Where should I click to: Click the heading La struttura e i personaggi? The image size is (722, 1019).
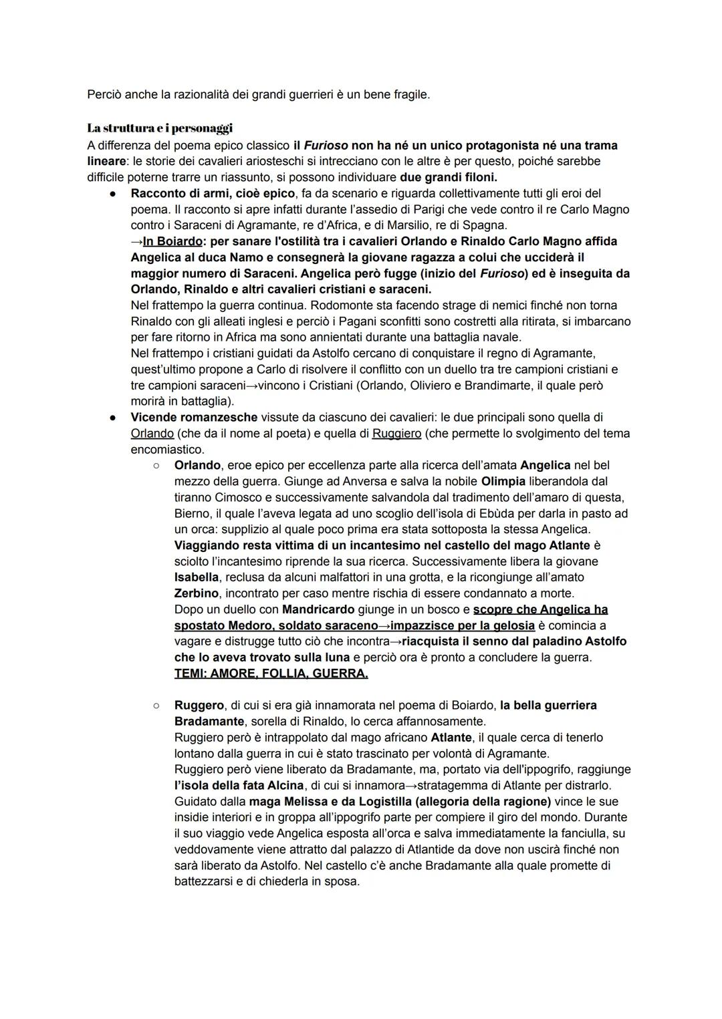click(160, 128)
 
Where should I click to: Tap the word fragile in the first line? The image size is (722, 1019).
click(411, 94)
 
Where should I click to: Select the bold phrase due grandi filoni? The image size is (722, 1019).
click(449, 177)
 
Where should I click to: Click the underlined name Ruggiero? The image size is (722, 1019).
click(396, 434)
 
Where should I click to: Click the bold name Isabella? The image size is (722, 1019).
click(197, 577)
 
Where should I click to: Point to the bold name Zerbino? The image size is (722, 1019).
click(197, 593)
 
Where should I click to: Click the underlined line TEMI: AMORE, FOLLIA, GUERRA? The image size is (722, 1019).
click(271, 674)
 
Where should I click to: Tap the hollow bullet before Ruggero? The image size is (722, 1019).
click(155, 705)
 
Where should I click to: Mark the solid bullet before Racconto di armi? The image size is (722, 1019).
click(114, 194)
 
